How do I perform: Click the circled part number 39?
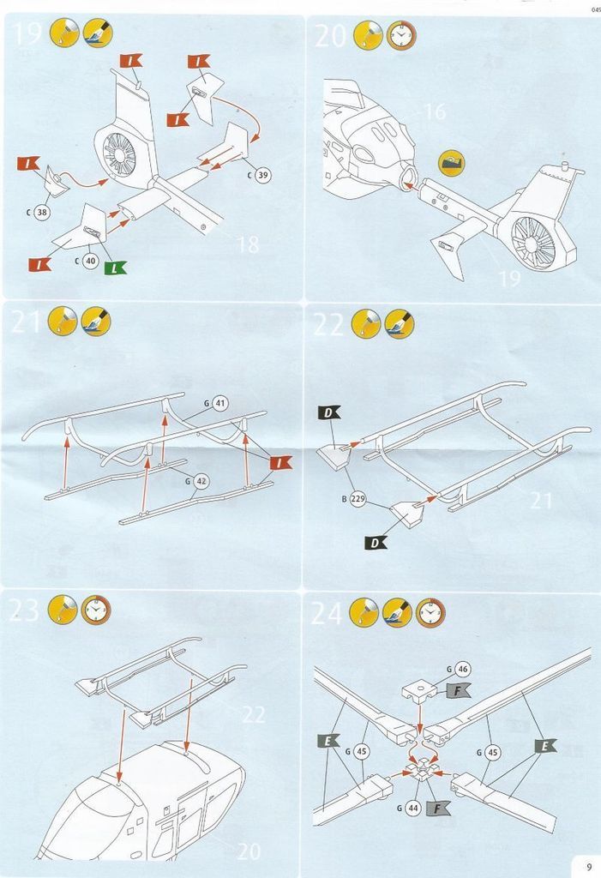pyautogui.click(x=262, y=175)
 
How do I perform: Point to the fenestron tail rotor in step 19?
pyautogui.click(x=119, y=153)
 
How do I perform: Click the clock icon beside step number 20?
pyautogui.click(x=399, y=35)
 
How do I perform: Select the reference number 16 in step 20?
pyautogui.click(x=435, y=111)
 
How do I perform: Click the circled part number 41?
pyautogui.click(x=219, y=402)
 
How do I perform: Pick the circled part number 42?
pyautogui.click(x=201, y=481)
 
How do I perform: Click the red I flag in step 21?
pyautogui.click(x=280, y=462)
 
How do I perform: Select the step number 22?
pyautogui.click(x=330, y=323)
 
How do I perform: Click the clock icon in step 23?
pyautogui.click(x=96, y=610)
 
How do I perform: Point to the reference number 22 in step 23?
pyautogui.click(x=254, y=714)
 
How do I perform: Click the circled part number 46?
pyautogui.click(x=463, y=669)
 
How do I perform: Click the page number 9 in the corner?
pyautogui.click(x=588, y=865)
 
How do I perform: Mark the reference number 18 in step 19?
pyautogui.click(x=247, y=245)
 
